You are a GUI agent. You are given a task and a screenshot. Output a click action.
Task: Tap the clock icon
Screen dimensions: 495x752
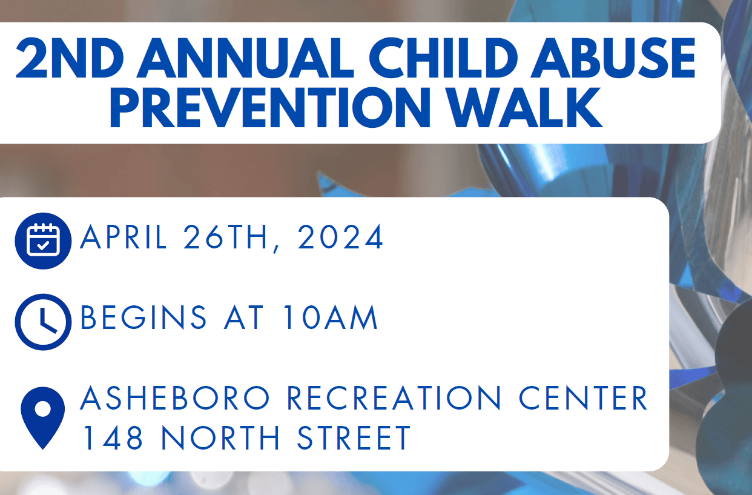point(43,322)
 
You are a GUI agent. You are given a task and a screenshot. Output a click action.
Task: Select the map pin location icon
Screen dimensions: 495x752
point(43,417)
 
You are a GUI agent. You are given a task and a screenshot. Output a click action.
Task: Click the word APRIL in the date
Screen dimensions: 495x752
point(124,238)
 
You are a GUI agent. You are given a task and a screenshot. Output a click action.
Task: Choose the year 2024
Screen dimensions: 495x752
point(341,238)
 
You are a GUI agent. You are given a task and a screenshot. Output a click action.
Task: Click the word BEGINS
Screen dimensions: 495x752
point(143,318)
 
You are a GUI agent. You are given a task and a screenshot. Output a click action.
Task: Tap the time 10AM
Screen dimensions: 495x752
point(331,318)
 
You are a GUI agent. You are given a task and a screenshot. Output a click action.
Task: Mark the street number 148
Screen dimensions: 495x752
point(113,438)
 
